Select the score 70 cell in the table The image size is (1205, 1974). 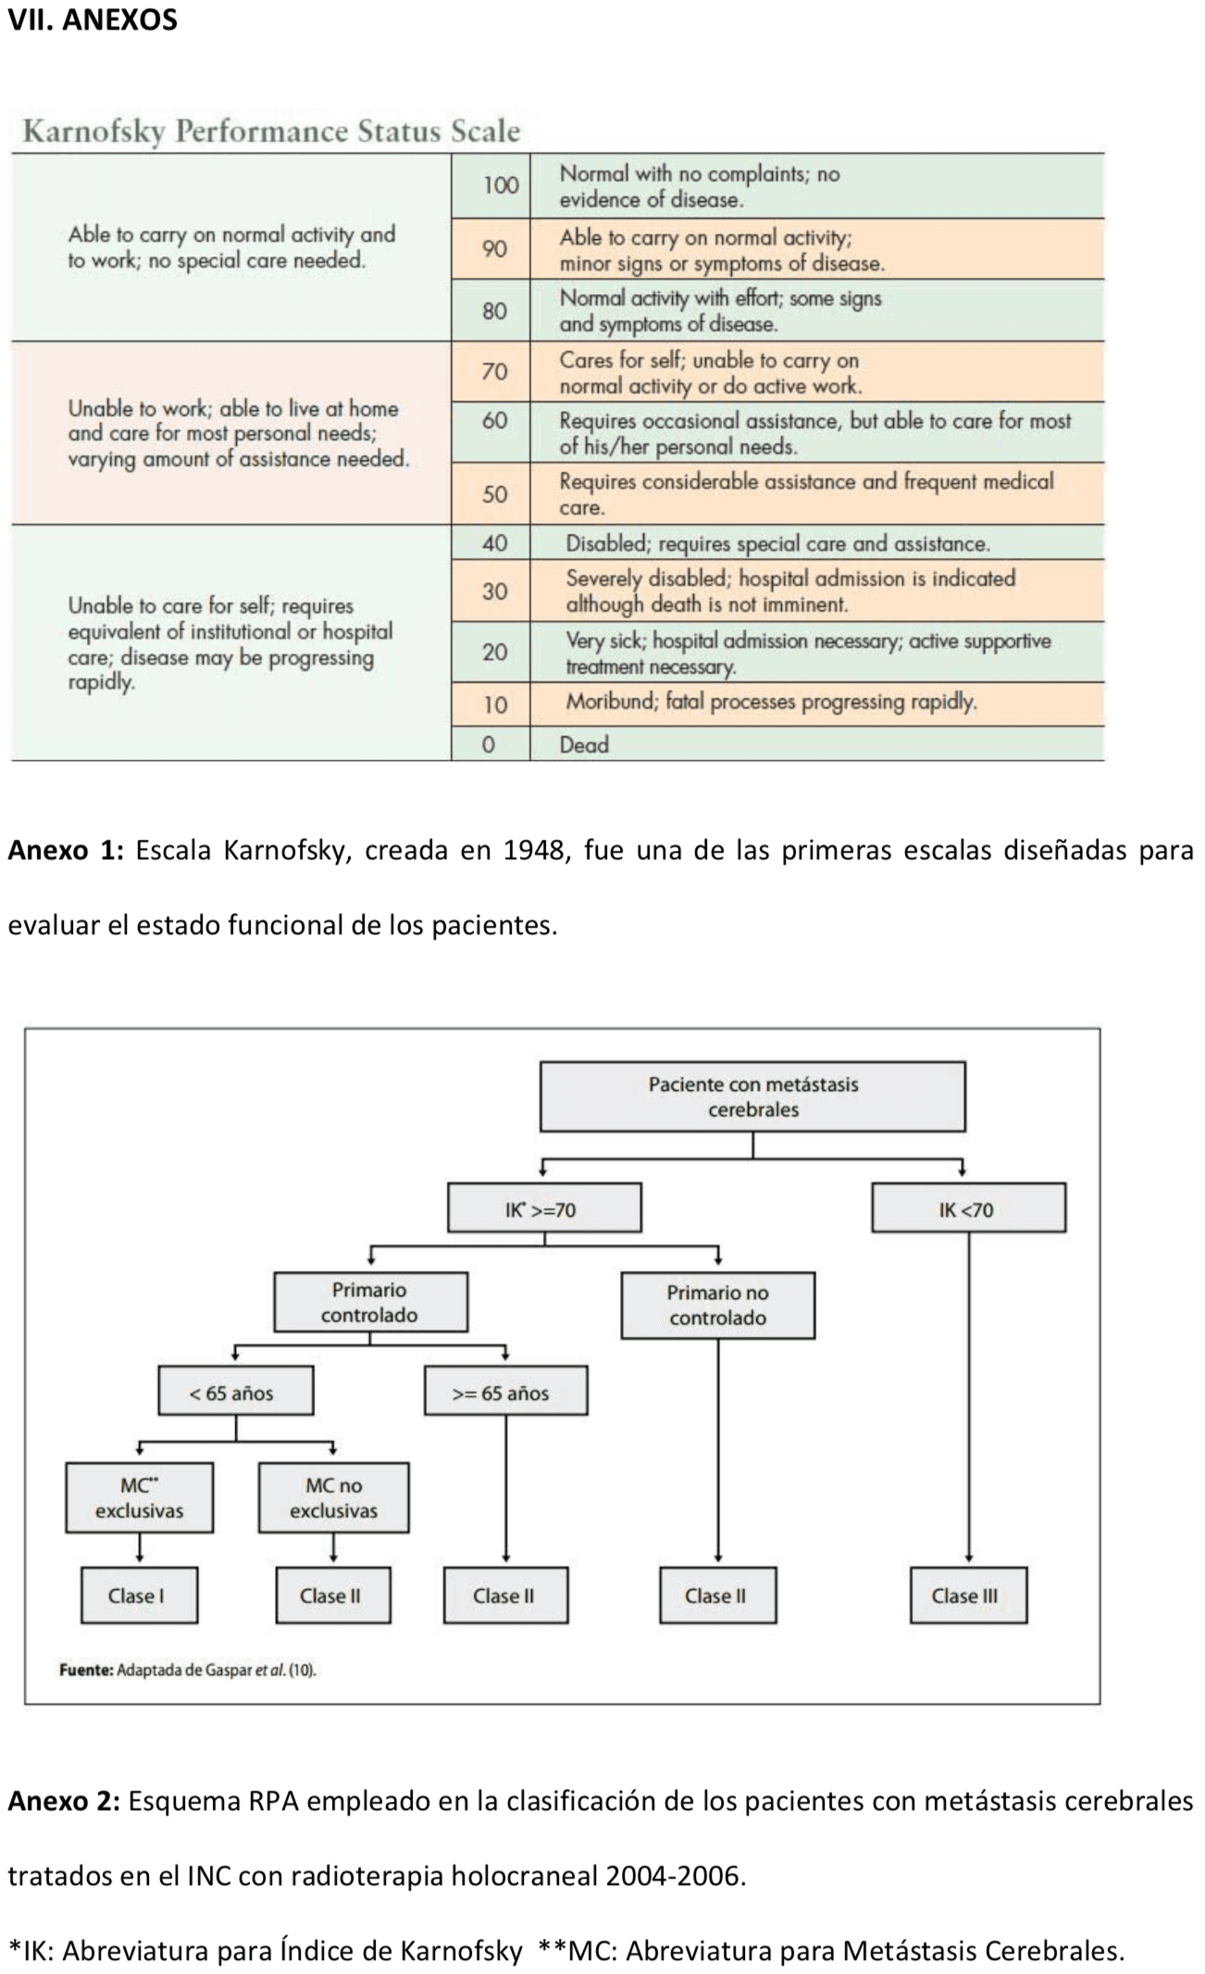pyautogui.click(x=494, y=371)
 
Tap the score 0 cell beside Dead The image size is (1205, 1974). pyautogui.click(x=488, y=744)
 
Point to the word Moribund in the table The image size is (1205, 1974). pyautogui.click(x=610, y=701)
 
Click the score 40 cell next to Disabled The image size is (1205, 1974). pyautogui.click(x=494, y=543)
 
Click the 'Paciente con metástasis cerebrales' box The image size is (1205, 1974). pyautogui.click(x=752, y=1096)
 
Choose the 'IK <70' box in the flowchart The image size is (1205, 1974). pyautogui.click(x=967, y=1209)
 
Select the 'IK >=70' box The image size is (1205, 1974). pyautogui.click(x=544, y=1209)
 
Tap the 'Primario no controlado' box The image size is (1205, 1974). pyautogui.click(x=717, y=1305)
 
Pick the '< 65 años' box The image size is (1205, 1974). pyautogui.click(x=235, y=1393)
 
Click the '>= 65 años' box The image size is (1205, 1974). pyautogui.click(x=504, y=1393)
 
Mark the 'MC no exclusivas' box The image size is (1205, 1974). pyautogui.click(x=333, y=1497)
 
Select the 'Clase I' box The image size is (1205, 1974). pyautogui.click(x=139, y=1595)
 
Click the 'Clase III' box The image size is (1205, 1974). pyautogui.click(x=967, y=1595)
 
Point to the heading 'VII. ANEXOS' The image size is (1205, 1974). pyautogui.click(x=93, y=20)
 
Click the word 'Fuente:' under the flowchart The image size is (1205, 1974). pyautogui.click(x=86, y=1670)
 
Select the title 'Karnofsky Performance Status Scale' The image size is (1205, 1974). pyautogui.click(x=270, y=131)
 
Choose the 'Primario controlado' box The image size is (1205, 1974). pyautogui.click(x=369, y=1302)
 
